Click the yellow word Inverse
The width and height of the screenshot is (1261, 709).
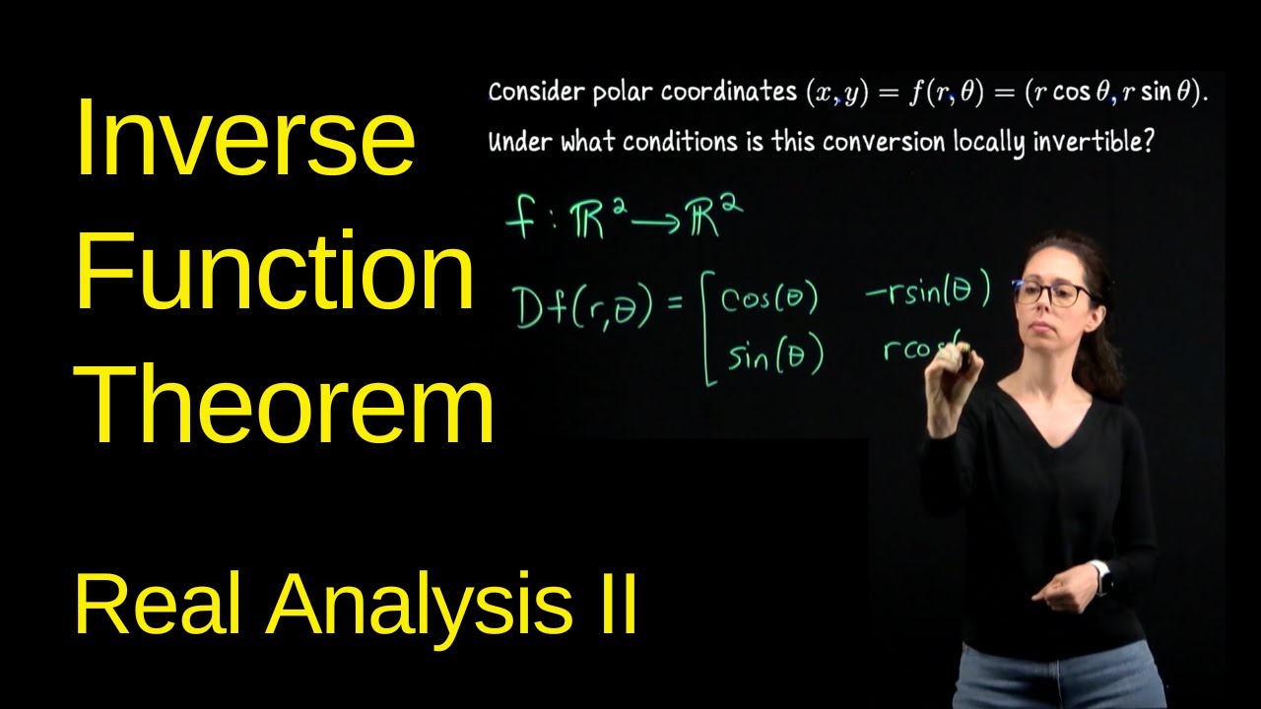click(244, 138)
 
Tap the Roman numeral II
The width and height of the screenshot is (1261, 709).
click(611, 602)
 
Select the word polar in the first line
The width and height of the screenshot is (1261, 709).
click(623, 93)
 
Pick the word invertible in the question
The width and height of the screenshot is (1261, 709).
click(1093, 142)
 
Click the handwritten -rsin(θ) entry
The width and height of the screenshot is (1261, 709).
click(926, 293)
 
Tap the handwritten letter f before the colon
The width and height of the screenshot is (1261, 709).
click(519, 219)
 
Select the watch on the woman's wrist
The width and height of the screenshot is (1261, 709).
click(1104, 578)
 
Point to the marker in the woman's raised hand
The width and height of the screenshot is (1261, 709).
click(960, 362)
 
